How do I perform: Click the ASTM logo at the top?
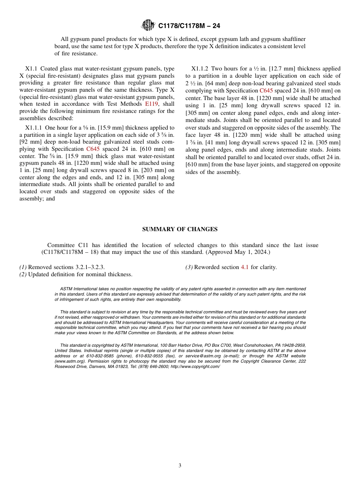148,25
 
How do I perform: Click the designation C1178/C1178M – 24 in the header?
189,26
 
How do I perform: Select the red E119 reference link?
151,104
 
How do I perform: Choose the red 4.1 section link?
245,267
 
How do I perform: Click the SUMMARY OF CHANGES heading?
180,229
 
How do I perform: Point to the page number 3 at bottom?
180,466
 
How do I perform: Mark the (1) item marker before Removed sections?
23,267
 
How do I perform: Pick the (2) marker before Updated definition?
23,274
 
